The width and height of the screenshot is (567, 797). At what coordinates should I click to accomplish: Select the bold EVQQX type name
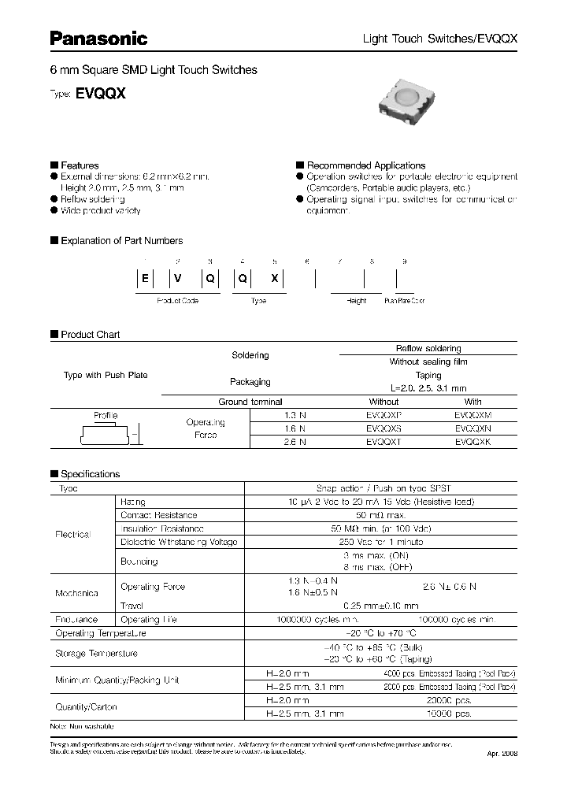(101, 92)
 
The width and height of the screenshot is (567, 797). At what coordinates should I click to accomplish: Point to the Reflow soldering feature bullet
(92, 199)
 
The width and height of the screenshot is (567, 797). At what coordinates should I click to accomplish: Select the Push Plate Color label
(404, 301)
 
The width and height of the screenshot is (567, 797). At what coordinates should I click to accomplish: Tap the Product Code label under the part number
(177, 301)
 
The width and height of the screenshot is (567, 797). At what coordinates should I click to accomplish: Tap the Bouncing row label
(139, 562)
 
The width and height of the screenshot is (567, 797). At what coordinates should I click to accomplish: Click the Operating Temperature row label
(100, 633)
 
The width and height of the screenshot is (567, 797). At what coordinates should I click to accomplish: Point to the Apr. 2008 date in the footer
(498, 754)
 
